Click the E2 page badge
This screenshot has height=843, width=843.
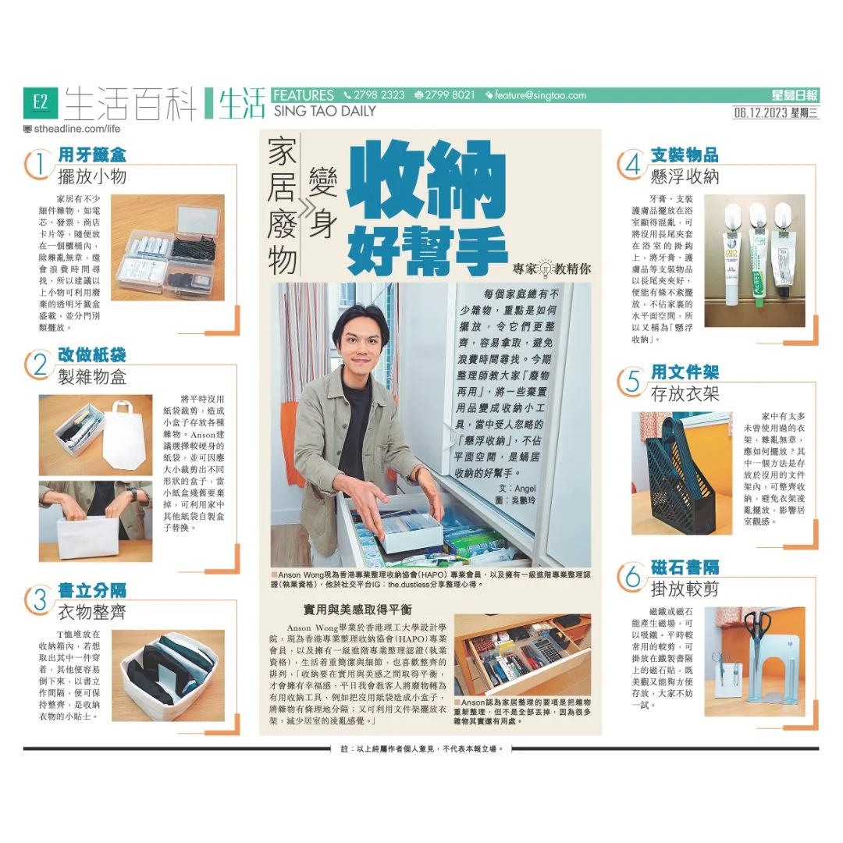coord(39,101)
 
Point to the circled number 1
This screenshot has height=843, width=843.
coord(39,165)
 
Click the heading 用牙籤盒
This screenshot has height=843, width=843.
coord(92,155)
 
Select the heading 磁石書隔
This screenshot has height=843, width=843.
coord(685,567)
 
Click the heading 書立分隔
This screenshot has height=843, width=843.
coord(91,590)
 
